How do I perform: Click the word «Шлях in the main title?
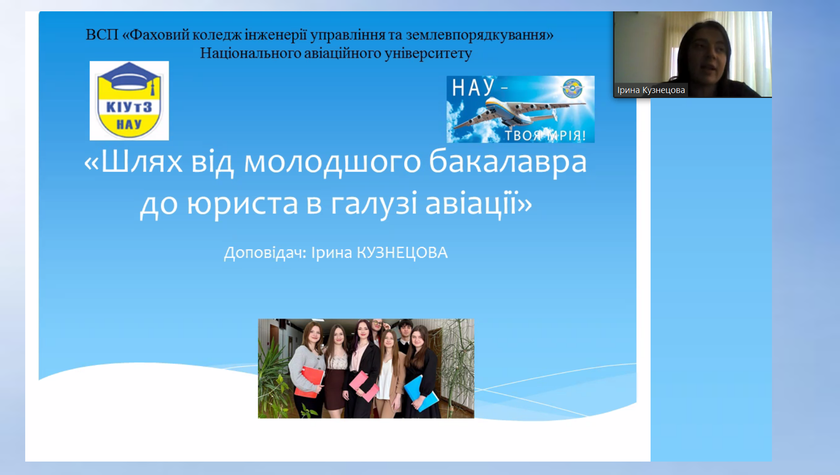(133, 161)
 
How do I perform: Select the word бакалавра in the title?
(508, 162)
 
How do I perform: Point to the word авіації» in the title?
(479, 204)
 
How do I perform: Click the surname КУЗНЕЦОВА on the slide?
(402, 253)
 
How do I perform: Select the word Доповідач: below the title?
(265, 253)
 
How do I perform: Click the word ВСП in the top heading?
(102, 34)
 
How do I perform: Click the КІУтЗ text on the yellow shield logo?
(129, 107)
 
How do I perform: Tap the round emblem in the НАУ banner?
(572, 88)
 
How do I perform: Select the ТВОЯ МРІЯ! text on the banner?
(545, 135)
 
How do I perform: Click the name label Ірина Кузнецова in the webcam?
(651, 90)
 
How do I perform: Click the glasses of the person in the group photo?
(377, 324)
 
